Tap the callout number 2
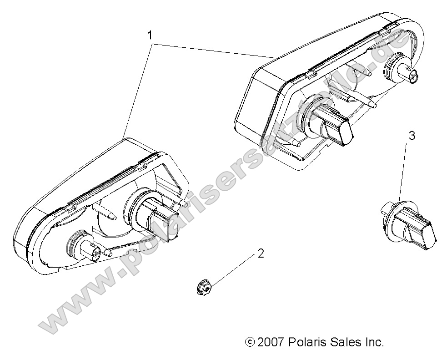tap(260, 254)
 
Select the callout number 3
tap(412, 135)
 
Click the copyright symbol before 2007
tap(249, 342)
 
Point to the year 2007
tap(270, 342)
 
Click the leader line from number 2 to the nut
tap(232, 270)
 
